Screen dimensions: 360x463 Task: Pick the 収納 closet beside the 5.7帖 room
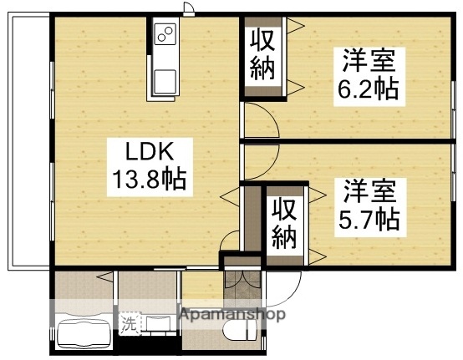coord(285,223)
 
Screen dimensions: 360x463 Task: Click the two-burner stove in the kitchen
coord(165,37)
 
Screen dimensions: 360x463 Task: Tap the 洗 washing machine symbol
coord(130,320)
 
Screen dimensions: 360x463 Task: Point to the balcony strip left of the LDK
coord(28,142)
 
